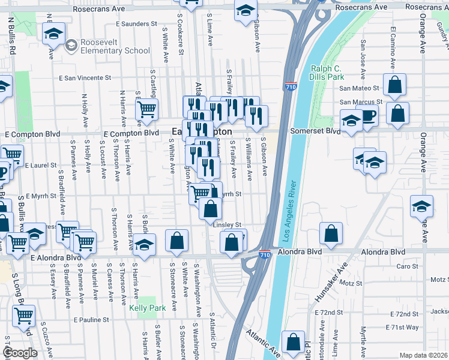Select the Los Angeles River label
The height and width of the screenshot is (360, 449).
287,205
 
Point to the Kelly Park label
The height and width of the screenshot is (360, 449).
142,308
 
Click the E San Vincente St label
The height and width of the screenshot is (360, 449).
85,78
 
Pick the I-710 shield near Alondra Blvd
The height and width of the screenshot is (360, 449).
265,255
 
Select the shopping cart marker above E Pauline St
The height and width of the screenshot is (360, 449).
23,315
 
